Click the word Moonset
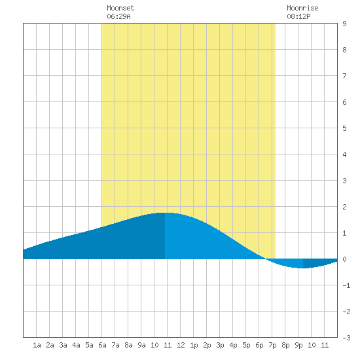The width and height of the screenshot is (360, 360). tap(120, 8)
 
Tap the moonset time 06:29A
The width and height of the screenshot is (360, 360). tap(118, 16)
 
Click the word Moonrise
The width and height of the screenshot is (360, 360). tap(302, 8)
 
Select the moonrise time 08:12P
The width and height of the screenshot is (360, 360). tap(298, 16)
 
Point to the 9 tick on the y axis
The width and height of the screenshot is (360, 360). tap(344, 24)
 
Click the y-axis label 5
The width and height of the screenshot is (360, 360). tap(344, 128)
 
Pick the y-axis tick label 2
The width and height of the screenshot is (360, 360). tap(344, 207)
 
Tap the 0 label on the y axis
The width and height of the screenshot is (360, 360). tap(344, 259)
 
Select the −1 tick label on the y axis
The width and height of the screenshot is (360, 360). tap(346, 285)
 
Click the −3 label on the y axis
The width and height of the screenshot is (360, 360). tap(346, 338)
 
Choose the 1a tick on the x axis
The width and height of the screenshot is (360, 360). tap(37, 345)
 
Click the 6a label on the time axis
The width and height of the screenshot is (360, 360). tap(102, 345)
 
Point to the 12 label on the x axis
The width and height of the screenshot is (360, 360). tap(181, 345)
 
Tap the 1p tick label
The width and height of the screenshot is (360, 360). tap(194, 345)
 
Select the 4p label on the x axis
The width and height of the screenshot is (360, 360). tap(233, 345)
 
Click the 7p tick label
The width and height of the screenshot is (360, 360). tap(272, 345)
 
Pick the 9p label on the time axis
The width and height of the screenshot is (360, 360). tap(298, 345)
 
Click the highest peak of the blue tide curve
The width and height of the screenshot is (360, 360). tap(165, 213)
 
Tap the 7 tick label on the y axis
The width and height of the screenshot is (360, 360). tap(344, 76)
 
